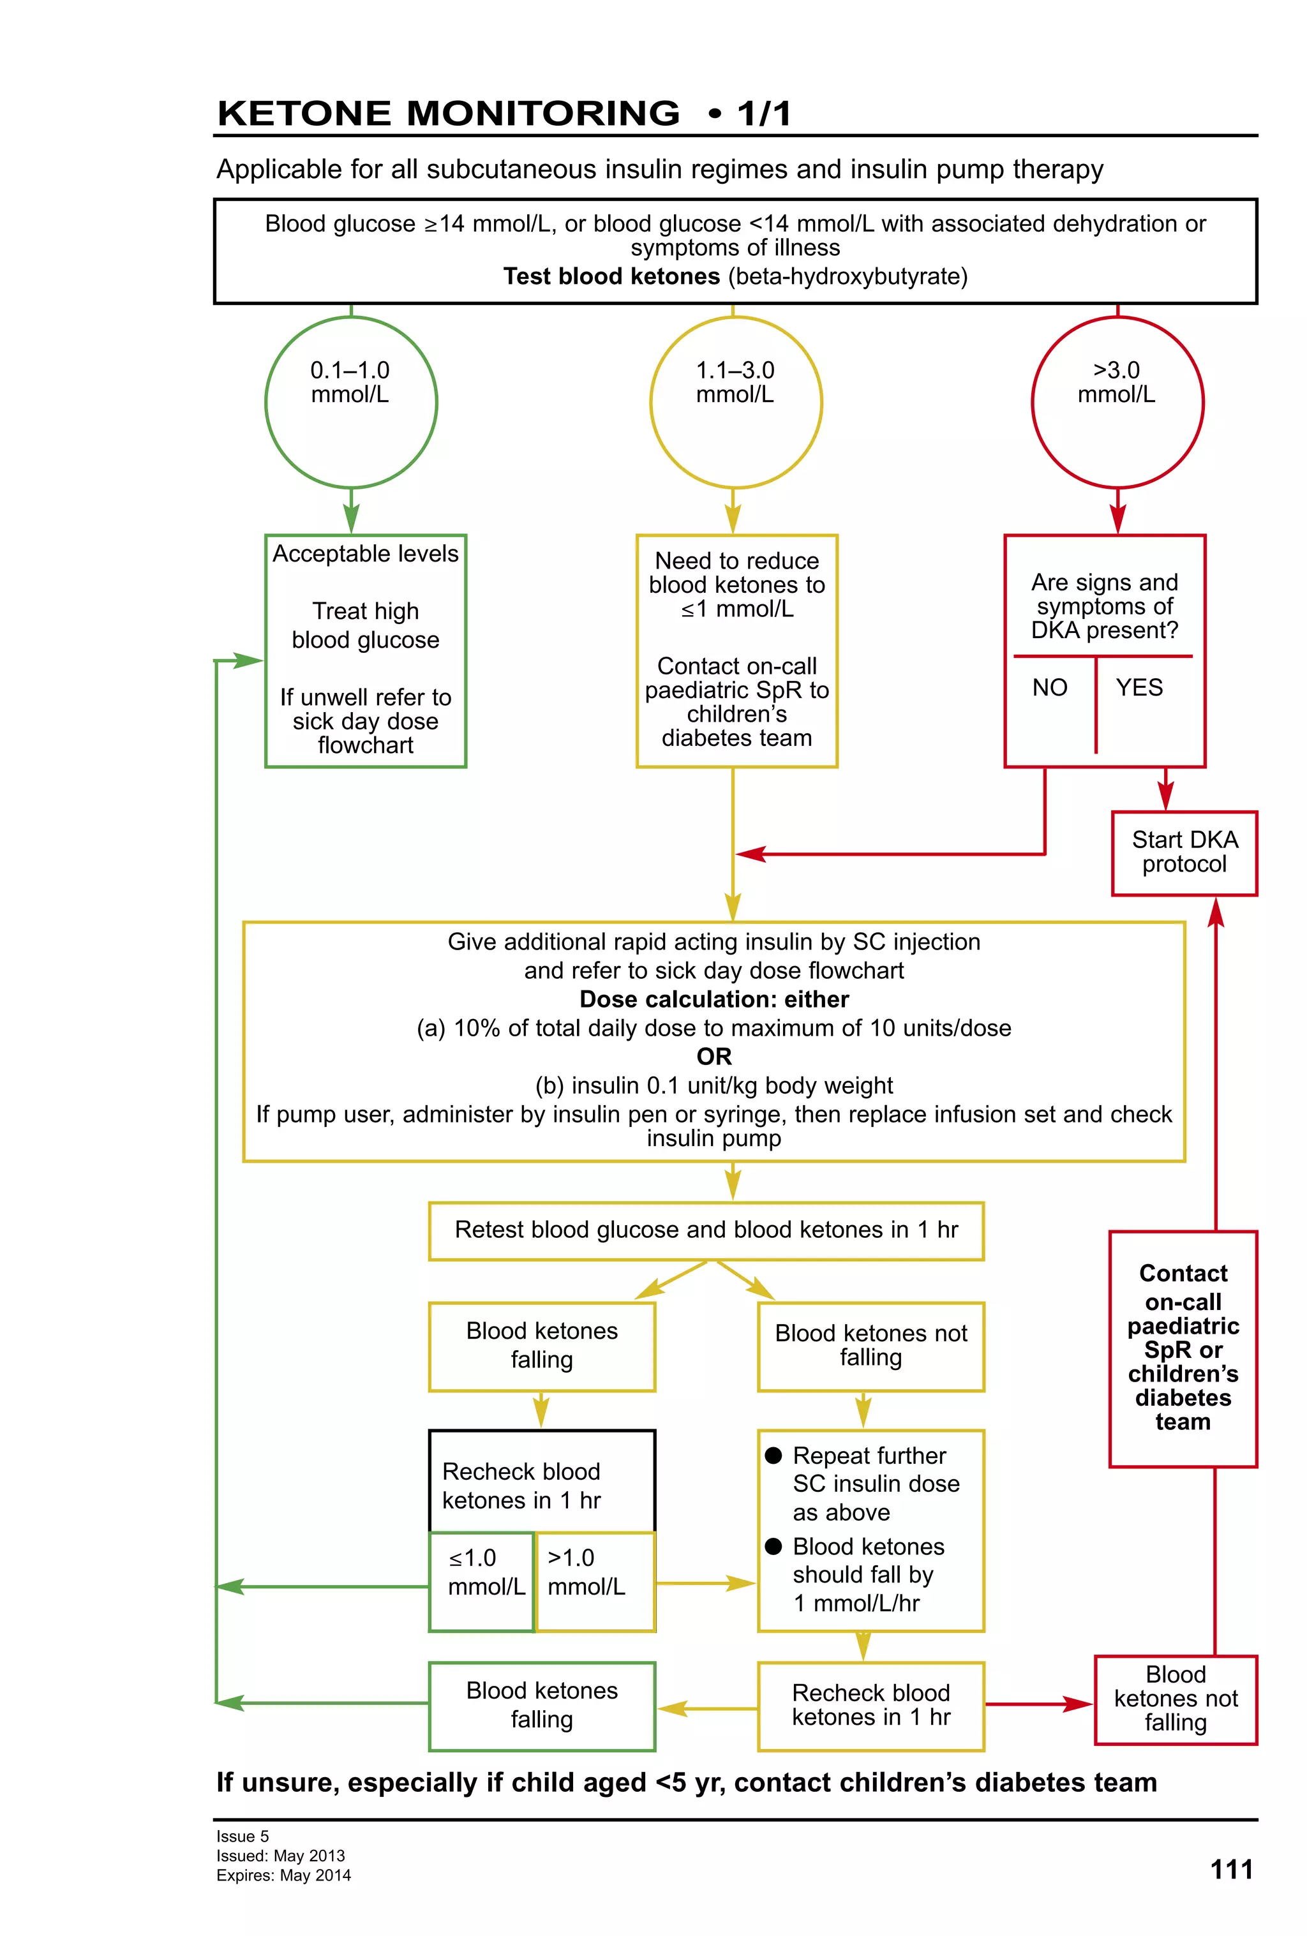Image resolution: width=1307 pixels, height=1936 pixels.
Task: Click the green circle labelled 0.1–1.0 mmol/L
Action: pos(351,403)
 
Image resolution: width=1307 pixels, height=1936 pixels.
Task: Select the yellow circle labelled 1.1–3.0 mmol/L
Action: pos(736,403)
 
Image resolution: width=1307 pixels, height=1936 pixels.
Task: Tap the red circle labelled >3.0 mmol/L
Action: pos(1117,403)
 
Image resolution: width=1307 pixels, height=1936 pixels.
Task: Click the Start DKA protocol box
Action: pos(1184,853)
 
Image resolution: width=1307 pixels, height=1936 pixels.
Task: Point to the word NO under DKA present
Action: pos(1049,687)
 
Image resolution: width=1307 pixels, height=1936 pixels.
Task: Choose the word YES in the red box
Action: pos(1139,687)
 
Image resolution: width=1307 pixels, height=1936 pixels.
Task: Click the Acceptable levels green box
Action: pos(365,650)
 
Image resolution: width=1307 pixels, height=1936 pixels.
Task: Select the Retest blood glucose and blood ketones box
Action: pos(706,1230)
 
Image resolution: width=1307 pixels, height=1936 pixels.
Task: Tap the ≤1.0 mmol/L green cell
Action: pos(481,1581)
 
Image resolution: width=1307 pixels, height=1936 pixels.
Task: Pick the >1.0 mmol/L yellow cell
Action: pos(595,1581)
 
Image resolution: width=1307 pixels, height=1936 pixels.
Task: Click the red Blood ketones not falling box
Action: pos(1174,1699)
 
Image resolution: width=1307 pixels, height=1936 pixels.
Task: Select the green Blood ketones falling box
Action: pos(541,1704)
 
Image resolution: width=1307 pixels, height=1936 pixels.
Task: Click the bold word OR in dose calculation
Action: pos(714,1056)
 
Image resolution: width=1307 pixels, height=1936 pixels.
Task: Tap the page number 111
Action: pos(1230,1870)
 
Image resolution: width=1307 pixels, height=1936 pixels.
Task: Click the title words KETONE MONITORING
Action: pos(448,114)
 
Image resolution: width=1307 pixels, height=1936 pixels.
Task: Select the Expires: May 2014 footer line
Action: pos(283,1875)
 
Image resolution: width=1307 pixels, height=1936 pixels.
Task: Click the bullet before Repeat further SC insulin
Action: pos(773,1456)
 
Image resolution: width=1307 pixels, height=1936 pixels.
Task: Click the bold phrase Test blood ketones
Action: pos(611,276)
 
